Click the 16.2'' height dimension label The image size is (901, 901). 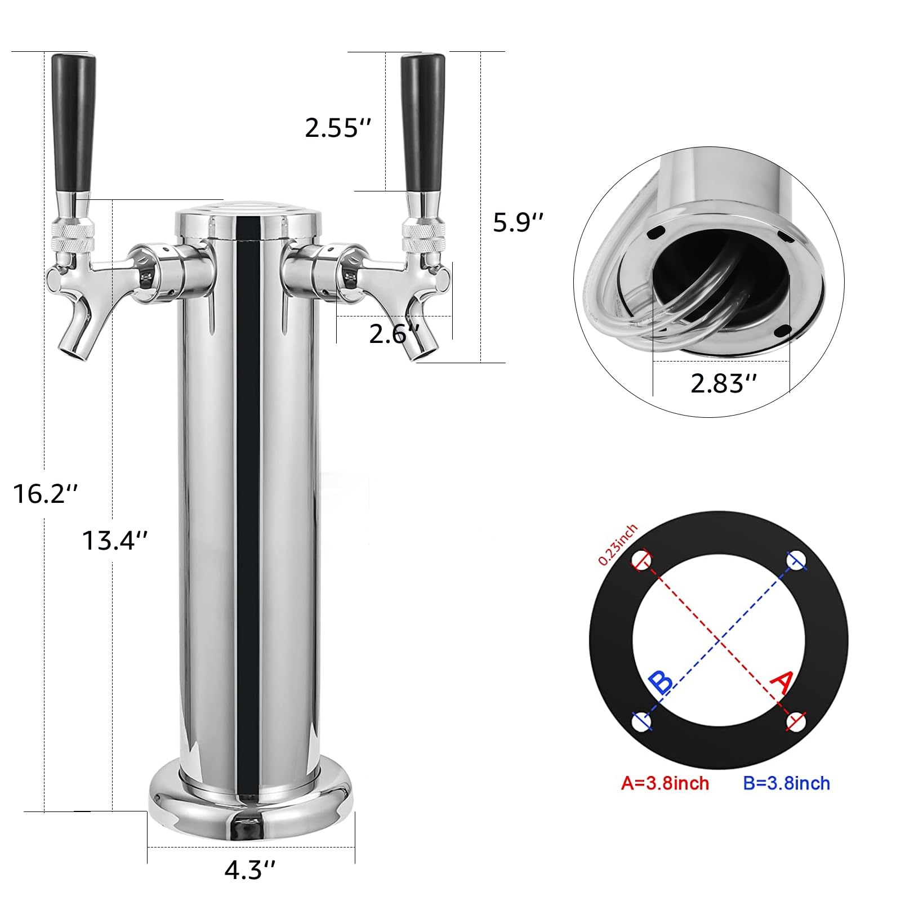click(x=44, y=494)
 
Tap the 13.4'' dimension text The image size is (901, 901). click(x=115, y=541)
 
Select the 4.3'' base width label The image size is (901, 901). click(x=250, y=870)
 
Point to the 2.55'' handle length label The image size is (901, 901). click(x=338, y=128)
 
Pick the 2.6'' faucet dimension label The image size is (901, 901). click(x=394, y=334)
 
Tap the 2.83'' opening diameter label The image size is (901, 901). click(x=724, y=383)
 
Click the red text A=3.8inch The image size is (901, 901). click(x=664, y=783)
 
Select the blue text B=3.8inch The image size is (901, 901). click(x=786, y=783)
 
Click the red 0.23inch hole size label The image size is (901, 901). click(x=618, y=545)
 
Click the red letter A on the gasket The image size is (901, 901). click(x=782, y=683)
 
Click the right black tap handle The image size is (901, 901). click(x=423, y=124)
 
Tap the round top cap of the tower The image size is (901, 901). click(x=248, y=217)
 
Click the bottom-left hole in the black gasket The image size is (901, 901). click(x=642, y=721)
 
